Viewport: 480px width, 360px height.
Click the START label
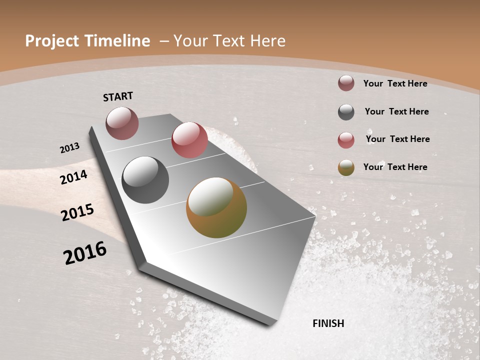point(118,96)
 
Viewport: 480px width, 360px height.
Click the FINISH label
point(328,323)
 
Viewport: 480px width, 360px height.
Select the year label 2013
point(70,148)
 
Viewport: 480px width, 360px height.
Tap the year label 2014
point(74,177)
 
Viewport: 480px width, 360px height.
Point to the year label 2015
point(77,212)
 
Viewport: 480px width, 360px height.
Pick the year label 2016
point(85,252)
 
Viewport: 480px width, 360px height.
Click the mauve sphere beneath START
point(122,123)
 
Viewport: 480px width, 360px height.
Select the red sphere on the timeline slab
point(189,140)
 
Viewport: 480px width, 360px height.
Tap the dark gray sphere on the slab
point(145,180)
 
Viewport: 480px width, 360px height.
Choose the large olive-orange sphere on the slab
point(216,207)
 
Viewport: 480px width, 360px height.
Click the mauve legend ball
point(346,83)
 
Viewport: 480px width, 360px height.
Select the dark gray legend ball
point(346,112)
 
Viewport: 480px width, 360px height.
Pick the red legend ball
point(346,140)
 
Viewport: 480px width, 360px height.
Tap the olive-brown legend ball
point(346,168)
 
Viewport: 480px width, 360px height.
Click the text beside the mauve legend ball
point(395,83)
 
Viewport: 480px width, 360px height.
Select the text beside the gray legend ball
point(396,111)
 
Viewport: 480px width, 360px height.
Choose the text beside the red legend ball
point(397,139)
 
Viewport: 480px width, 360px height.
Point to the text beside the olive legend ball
point(395,167)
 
